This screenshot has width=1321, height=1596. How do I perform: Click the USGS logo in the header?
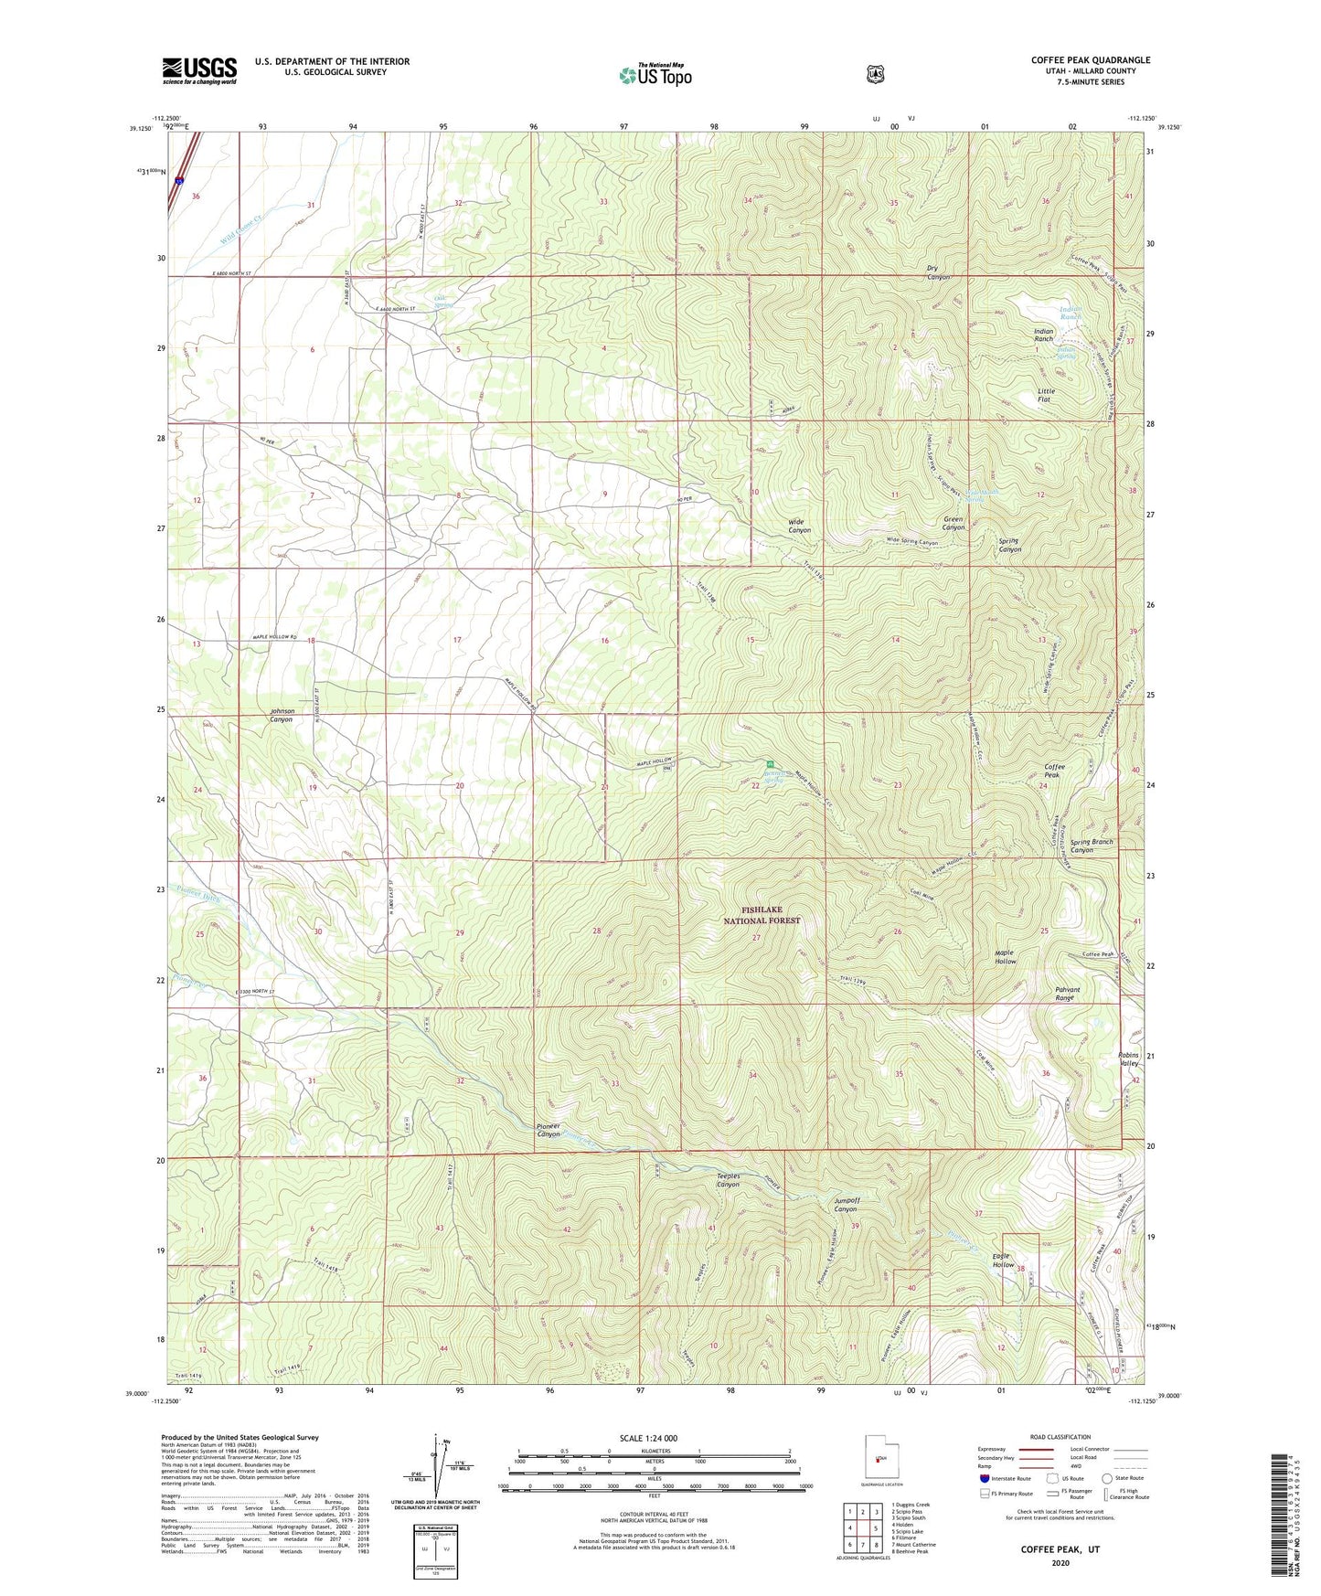pyautogui.click(x=199, y=70)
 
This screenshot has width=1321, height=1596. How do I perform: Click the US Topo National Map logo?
pyautogui.click(x=655, y=75)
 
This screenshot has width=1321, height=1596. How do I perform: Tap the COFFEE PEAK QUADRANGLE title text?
pyautogui.click(x=1090, y=60)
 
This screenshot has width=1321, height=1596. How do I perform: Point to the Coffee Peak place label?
pyautogui.click(x=1053, y=771)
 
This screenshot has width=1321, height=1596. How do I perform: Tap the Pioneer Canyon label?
pyautogui.click(x=548, y=1130)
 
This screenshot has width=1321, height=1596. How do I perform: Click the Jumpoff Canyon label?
pyautogui.click(x=846, y=1204)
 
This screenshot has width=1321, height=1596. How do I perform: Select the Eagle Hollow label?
pyautogui.click(x=1003, y=1261)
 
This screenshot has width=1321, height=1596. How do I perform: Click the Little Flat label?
pyautogui.click(x=1046, y=395)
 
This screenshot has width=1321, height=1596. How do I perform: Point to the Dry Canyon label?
pyautogui.click(x=937, y=272)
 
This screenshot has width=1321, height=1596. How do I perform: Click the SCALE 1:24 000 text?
pyautogui.click(x=648, y=1438)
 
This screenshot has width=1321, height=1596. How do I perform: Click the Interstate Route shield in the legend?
pyautogui.click(x=984, y=1477)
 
